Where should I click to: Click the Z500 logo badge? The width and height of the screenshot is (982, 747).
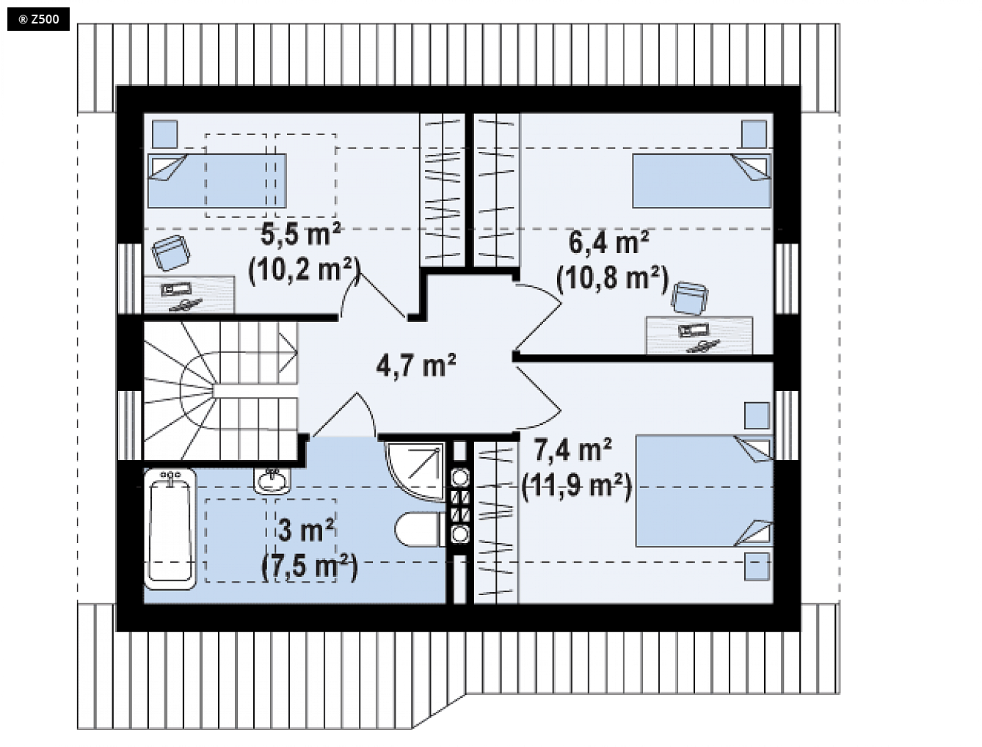pos(38,19)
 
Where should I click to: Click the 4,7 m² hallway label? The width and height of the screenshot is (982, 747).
pos(415,365)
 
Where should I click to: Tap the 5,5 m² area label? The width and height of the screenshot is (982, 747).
pos(300,235)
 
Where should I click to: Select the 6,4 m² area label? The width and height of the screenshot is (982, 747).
pos(608,242)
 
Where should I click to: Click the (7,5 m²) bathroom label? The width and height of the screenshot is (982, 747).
pos(309,566)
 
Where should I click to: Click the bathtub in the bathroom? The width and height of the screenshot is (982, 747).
pos(170,528)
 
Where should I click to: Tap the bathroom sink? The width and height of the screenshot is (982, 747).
pos(272,481)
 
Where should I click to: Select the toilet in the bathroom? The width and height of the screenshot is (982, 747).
pos(419,529)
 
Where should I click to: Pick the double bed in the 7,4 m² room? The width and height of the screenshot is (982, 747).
pos(703,491)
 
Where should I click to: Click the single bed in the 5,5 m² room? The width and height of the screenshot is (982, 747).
pos(217,181)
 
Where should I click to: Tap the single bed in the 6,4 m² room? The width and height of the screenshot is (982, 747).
pos(701,181)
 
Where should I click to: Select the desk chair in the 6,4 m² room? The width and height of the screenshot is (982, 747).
pos(690,298)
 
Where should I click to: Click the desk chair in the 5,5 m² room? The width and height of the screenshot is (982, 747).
pos(171,253)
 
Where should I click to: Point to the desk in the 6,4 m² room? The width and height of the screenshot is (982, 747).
pos(699,335)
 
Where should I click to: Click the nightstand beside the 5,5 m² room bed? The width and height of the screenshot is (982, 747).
pos(165,134)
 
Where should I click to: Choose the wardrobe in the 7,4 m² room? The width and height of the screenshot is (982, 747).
pos(495,522)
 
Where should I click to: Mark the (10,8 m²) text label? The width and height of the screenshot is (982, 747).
pos(612,279)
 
